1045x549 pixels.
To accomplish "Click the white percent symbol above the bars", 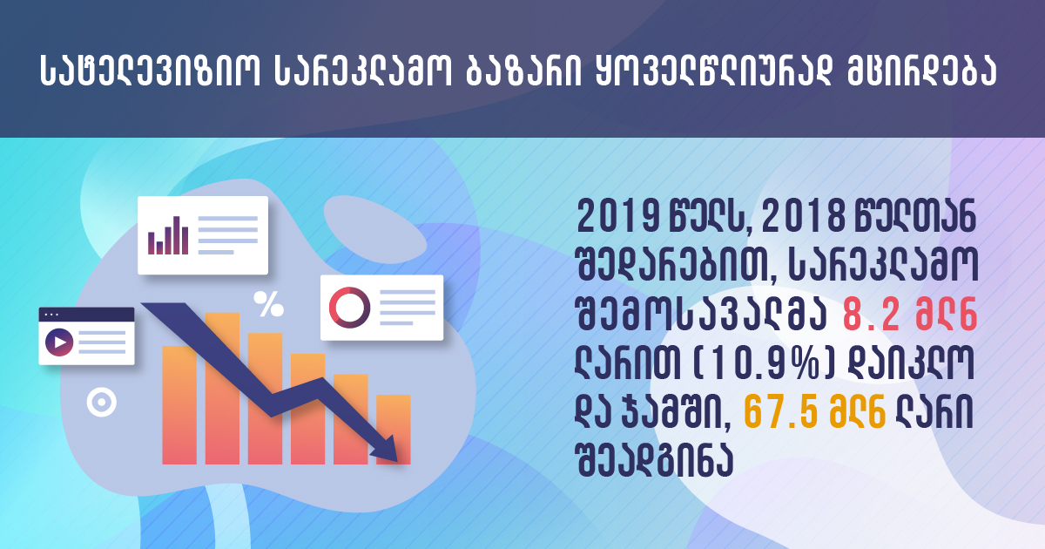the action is pos(269,304).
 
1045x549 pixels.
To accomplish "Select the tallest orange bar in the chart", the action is pos(222,389).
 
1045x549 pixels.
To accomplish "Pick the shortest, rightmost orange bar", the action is pos(394,430).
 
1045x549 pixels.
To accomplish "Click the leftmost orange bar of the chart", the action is pos(179,405).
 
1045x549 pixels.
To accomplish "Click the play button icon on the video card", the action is pos(59,342).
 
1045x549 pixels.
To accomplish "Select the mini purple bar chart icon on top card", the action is pos(168,235).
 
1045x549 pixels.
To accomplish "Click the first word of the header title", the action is pos(150,71).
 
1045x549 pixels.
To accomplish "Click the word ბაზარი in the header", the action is pos(524,71).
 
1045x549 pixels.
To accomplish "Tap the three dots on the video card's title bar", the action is pos(51,315).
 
